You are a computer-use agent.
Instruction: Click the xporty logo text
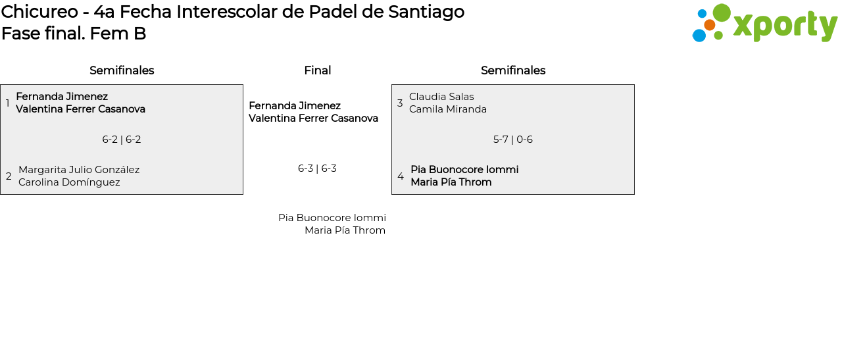click(x=785, y=26)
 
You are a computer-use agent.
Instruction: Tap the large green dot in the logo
click(x=722, y=13)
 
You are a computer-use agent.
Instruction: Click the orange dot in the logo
click(x=709, y=25)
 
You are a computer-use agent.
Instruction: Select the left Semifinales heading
click(x=122, y=70)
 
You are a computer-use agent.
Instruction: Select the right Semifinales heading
click(x=513, y=70)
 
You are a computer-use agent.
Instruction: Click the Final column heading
click(x=317, y=70)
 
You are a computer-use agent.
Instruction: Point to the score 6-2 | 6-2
click(x=122, y=140)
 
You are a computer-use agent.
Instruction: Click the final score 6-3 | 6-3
click(x=317, y=168)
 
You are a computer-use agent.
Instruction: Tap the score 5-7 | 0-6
click(x=513, y=140)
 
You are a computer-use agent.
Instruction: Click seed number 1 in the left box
click(x=7, y=103)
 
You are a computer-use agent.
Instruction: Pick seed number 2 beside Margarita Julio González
click(x=9, y=176)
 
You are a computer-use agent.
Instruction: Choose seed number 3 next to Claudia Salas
click(x=400, y=103)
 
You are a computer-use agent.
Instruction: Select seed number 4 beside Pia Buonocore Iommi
click(x=401, y=176)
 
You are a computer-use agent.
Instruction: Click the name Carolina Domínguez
click(x=69, y=182)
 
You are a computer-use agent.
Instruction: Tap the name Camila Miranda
click(x=448, y=109)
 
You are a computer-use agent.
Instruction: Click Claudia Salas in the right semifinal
click(x=441, y=97)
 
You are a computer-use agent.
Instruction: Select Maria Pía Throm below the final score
click(x=345, y=230)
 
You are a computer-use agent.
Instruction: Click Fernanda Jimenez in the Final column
click(x=295, y=106)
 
